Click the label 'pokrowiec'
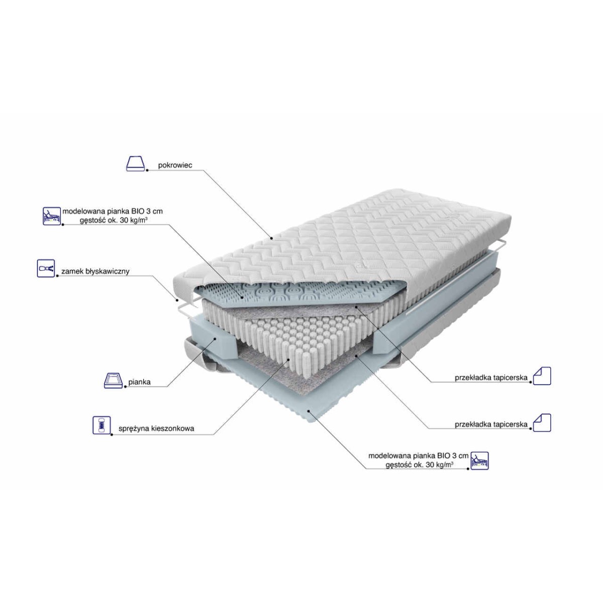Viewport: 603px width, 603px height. point(175,165)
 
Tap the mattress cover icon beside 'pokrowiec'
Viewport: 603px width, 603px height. point(136,164)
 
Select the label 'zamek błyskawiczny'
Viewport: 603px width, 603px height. point(95,271)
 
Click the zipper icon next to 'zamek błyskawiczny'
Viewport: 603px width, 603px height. point(46,268)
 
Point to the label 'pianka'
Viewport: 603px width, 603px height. point(140,382)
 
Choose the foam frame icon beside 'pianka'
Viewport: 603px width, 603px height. point(113,380)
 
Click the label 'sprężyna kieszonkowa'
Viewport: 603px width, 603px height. point(156,429)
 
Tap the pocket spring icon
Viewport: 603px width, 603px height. point(102,425)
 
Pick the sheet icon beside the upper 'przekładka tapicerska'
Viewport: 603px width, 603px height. point(542,376)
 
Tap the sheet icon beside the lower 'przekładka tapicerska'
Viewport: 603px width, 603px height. point(542,423)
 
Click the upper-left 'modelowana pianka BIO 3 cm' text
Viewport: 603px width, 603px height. point(113,211)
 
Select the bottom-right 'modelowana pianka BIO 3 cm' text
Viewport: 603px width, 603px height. point(419,456)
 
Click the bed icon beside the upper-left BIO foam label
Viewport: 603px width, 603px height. point(52,216)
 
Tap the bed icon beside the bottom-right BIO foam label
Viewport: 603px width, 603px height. point(480,461)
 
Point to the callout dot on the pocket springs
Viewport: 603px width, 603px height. point(288,360)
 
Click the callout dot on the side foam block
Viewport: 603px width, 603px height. point(215,339)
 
